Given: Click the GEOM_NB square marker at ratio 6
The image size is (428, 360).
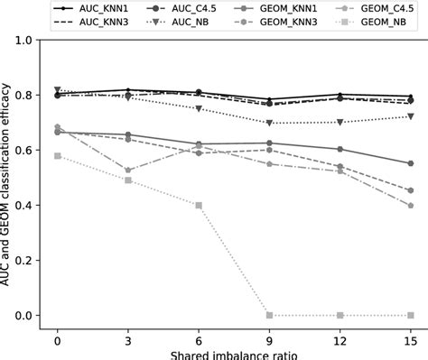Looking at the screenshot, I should (199, 206).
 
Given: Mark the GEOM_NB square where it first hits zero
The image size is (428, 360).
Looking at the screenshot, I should (270, 316).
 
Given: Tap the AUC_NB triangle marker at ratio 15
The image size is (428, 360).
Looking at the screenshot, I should (411, 116).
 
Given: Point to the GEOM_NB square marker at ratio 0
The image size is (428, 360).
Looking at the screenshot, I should (58, 156).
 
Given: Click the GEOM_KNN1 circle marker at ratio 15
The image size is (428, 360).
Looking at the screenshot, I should (411, 163).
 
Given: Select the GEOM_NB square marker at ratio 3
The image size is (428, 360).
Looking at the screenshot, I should (128, 180).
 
